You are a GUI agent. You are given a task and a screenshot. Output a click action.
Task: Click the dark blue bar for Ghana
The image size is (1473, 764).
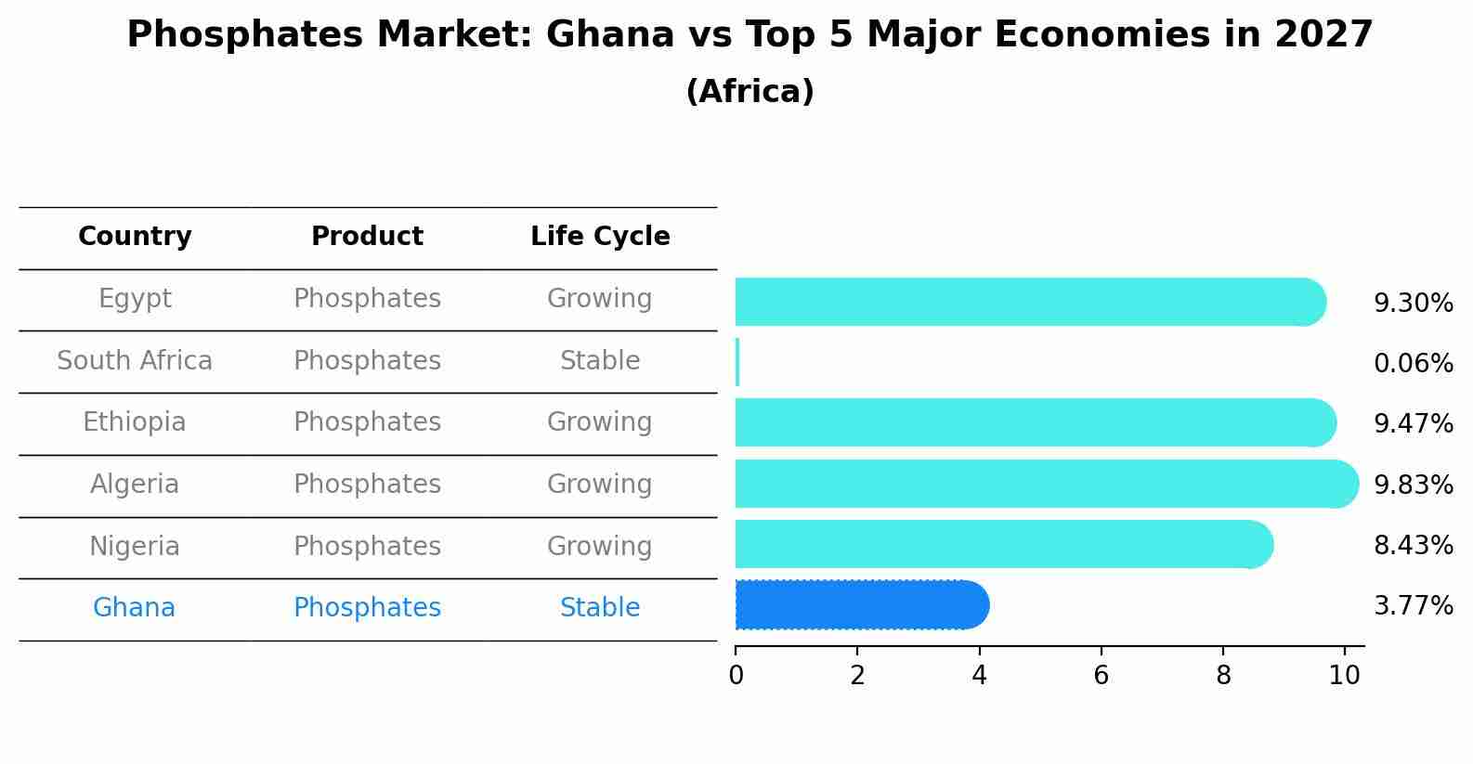[859, 605]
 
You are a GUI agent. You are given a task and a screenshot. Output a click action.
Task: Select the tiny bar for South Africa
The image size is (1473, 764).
[737, 362]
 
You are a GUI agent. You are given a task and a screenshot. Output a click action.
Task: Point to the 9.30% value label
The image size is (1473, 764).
[1413, 304]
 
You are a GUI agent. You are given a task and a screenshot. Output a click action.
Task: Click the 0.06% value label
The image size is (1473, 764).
[1413, 364]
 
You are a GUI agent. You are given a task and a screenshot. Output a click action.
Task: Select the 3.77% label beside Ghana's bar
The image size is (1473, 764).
[1413, 606]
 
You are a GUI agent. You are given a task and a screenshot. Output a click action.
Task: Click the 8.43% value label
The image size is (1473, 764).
[1413, 546]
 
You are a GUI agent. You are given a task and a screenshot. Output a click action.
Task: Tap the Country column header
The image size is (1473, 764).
[135, 237]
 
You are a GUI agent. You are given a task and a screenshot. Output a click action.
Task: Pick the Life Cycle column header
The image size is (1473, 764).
[600, 237]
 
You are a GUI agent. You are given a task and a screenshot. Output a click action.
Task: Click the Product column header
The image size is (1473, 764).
[367, 237]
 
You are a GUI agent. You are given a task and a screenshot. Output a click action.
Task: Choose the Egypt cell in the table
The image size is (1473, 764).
[135, 299]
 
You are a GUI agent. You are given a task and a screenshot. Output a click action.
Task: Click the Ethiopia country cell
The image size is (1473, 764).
[135, 422]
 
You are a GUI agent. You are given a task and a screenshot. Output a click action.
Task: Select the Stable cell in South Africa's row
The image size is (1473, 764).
[600, 361]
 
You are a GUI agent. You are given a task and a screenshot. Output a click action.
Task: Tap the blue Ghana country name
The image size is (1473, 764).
[135, 608]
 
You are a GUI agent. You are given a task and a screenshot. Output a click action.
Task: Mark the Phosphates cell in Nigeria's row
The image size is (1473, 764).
[367, 546]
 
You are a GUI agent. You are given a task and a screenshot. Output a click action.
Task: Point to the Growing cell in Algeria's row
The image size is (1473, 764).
[600, 485]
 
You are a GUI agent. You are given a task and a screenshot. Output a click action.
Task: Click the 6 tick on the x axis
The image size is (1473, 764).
[1101, 676]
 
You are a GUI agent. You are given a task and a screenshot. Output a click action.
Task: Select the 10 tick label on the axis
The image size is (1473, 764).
[1344, 676]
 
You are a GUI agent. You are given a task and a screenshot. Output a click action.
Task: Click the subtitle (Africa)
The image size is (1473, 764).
[750, 92]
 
